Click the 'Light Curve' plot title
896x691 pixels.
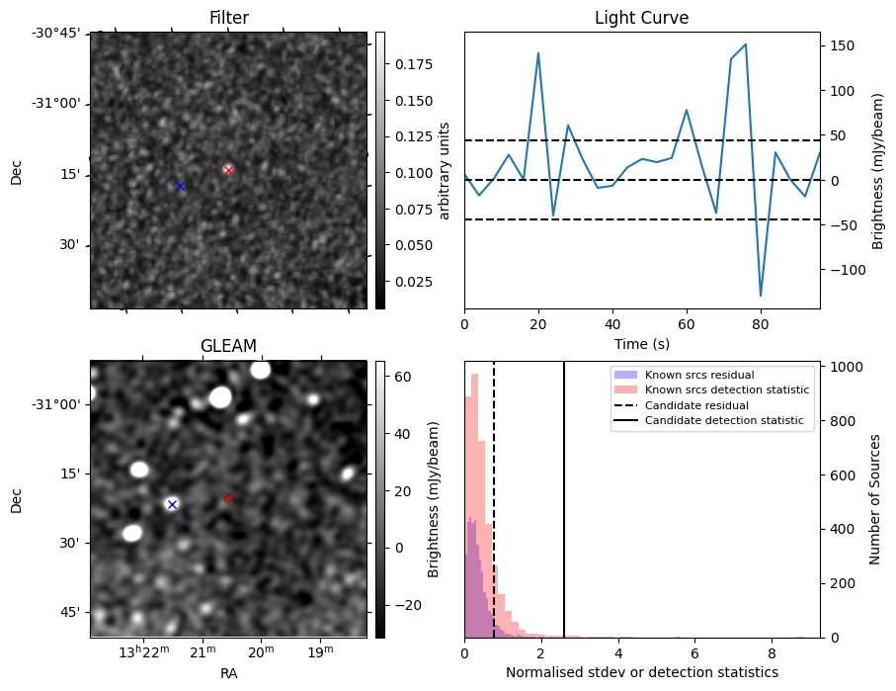(641, 18)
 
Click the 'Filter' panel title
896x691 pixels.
(228, 18)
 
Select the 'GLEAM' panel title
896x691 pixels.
(228, 345)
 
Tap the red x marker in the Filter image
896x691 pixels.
(228, 170)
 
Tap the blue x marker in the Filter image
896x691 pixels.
(180, 186)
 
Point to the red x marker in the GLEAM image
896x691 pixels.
(228, 498)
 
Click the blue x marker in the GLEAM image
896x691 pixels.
(172, 504)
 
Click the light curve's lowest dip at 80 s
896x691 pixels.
(761, 296)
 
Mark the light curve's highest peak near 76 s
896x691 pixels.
(746, 44)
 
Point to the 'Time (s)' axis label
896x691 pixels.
(641, 342)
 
